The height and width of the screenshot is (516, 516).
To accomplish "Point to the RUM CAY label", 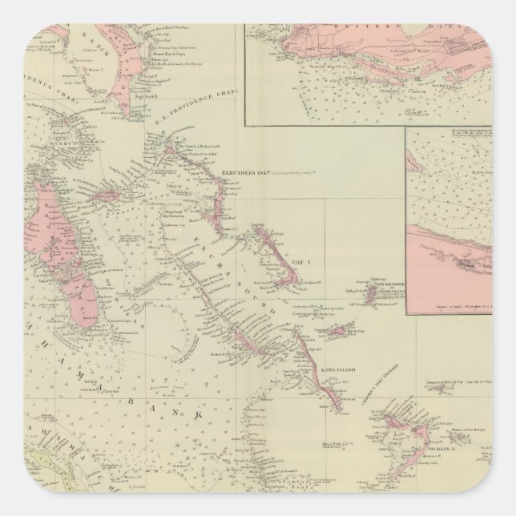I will point(355,329).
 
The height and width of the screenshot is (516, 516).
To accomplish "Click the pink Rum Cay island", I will point(340,329).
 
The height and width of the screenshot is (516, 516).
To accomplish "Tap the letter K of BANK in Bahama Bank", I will point(193,413).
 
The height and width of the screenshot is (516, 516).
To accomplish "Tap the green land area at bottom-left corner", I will point(24,489).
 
